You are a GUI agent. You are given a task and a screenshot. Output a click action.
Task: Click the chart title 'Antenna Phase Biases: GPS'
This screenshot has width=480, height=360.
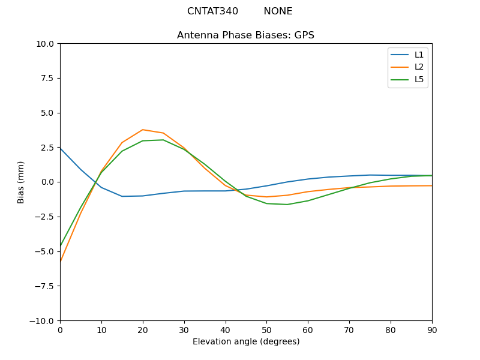click(245, 35)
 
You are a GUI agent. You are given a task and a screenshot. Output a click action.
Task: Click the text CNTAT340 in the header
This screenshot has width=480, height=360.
click(212, 11)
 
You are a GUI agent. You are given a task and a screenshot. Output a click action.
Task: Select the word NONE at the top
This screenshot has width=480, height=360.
click(278, 11)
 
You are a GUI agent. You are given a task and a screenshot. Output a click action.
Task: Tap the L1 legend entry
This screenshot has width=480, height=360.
click(419, 55)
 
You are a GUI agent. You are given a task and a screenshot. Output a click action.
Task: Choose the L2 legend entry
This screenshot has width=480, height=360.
click(419, 67)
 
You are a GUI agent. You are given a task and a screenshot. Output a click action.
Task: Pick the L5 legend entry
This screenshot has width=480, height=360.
click(419, 79)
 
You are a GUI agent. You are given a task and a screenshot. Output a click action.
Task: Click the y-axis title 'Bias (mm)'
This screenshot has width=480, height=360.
click(21, 182)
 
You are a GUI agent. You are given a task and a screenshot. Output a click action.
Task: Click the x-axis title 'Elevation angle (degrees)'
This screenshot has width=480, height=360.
click(246, 341)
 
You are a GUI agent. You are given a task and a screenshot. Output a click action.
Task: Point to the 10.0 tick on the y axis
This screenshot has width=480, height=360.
click(46, 44)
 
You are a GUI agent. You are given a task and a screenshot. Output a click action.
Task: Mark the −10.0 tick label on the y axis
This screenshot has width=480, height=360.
click(43, 320)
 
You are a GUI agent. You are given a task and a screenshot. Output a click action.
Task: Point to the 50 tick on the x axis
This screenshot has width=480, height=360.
click(266, 329)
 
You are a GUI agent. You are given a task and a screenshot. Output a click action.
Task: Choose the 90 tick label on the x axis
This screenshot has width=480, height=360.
click(432, 329)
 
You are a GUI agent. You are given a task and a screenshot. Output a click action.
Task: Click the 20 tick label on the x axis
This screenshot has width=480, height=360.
click(143, 329)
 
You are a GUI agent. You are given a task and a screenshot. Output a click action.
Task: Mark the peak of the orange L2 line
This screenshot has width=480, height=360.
click(143, 130)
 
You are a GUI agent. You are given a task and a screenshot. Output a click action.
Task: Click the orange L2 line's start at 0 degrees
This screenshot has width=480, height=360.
click(61, 262)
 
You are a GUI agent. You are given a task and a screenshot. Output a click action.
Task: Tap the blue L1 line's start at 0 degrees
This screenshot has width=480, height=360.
click(61, 148)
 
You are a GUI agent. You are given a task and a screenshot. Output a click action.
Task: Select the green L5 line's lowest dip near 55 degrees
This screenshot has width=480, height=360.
click(287, 205)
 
